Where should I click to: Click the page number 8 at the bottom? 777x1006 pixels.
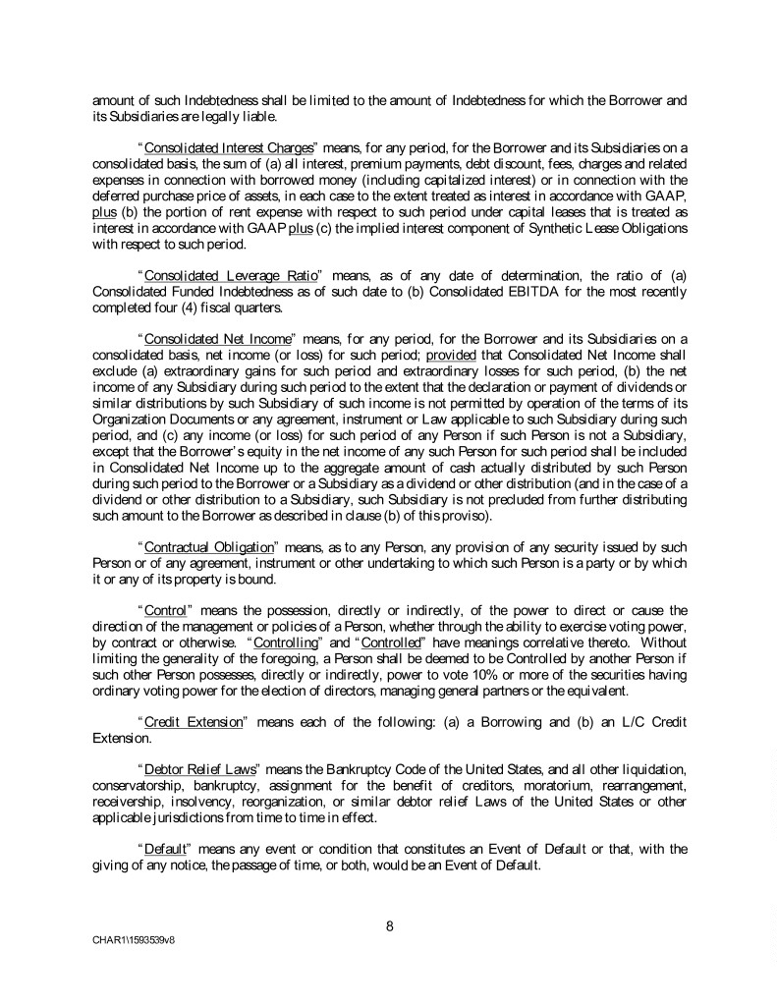[x=389, y=922]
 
